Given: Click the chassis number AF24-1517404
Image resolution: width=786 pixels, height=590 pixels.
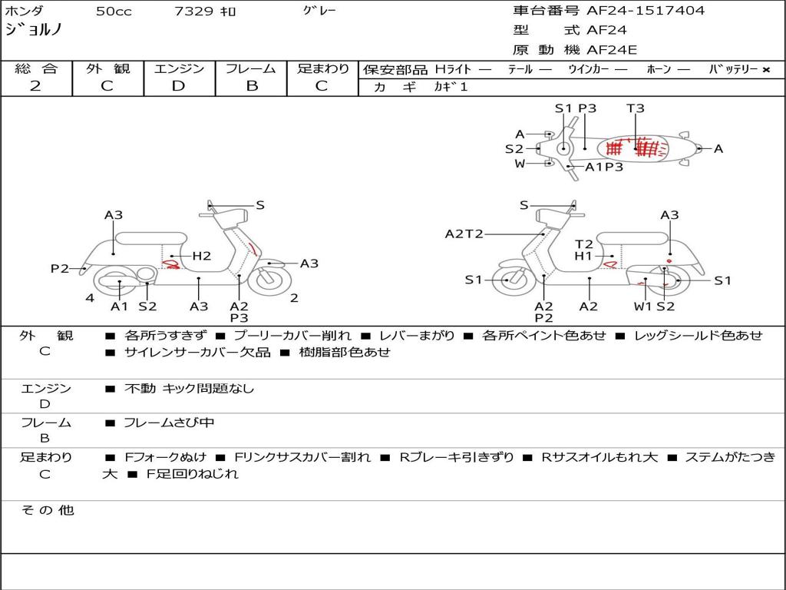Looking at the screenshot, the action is coord(646,11).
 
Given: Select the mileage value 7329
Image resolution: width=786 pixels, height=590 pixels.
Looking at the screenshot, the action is coord(193,11).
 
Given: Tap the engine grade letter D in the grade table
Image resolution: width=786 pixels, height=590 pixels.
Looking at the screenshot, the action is coord(178,86).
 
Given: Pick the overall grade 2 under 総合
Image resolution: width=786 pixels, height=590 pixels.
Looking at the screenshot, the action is coord(35,86).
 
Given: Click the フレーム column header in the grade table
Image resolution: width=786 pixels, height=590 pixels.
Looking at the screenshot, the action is coord(251,68).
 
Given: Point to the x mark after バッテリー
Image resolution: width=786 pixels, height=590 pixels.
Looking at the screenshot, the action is coord(766,70).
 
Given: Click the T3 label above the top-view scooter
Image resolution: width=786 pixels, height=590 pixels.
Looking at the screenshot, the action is coord(635,108).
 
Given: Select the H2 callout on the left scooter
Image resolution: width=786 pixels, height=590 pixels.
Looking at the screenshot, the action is coord(202,256).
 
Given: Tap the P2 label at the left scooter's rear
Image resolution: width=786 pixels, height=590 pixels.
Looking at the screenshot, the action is coord(60,268).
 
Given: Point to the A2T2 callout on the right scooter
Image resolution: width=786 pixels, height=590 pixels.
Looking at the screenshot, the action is coord(464,234).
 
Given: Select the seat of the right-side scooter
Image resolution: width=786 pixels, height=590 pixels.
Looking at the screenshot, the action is coord(633,238).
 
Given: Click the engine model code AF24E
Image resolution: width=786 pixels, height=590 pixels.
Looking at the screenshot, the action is coord(612,50).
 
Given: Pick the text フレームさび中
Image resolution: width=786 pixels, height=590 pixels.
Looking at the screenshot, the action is coord(169,423).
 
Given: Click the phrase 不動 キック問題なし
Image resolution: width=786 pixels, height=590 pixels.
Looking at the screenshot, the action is coord(189,388).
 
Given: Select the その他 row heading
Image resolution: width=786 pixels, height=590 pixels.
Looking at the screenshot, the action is coord(48,510).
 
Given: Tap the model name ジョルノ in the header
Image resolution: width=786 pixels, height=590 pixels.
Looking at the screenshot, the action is coord(34,29).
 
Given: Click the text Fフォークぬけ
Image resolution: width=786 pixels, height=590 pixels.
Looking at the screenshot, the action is coord(166,457).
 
